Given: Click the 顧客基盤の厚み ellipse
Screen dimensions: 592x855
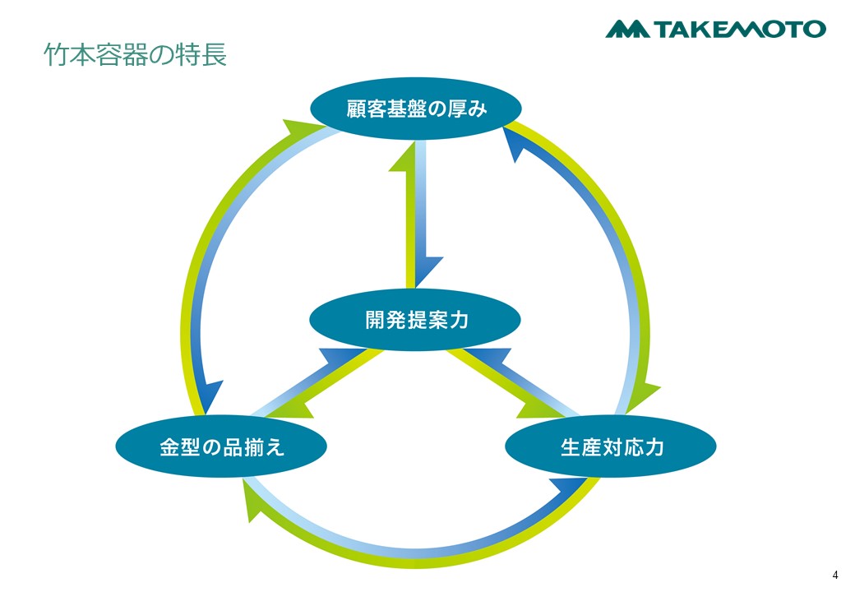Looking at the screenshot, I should pos(415,109).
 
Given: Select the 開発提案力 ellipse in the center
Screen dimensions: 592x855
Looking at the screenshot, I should pos(415,320).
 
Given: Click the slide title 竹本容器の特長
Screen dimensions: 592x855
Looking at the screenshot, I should pos(135,56).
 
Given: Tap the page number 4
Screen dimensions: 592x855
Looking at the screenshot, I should pos(835,575).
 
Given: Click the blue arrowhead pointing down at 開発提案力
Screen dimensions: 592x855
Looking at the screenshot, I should pos(427,271).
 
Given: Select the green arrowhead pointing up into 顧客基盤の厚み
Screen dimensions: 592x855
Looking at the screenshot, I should pos(405,157).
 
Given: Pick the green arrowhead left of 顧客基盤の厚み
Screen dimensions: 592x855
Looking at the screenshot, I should pos(300,129).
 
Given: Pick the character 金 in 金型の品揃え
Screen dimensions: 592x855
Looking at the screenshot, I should pos(169,447).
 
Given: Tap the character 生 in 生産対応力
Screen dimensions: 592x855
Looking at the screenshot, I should pos(571,447).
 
